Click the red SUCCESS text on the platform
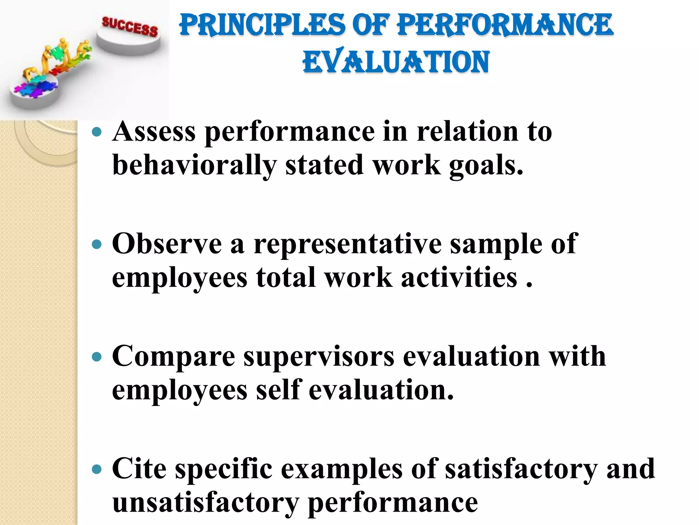[130, 26]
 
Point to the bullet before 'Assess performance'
[97, 132]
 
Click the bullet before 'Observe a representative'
[97, 244]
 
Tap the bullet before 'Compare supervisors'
[97, 357]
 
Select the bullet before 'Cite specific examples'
[97, 469]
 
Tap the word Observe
[167, 244]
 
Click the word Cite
[139, 469]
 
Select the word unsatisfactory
[205, 503]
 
